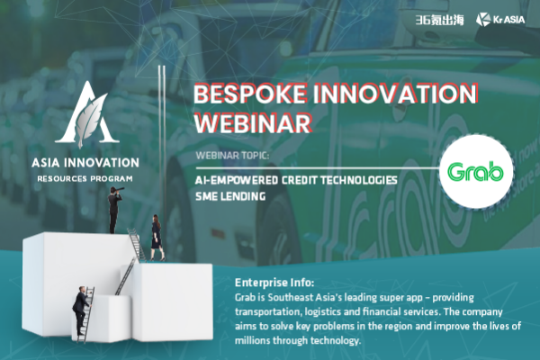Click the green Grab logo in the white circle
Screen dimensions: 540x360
pyautogui.click(x=475, y=171)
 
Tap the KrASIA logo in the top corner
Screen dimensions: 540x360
pyautogui.click(x=500, y=19)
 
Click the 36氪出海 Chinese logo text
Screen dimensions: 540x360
pyautogui.click(x=439, y=20)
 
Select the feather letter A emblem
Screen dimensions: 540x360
pyautogui.click(x=87, y=113)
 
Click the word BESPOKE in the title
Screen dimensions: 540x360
pyautogui.click(x=250, y=94)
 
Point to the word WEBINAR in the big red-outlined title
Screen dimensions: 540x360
pyautogui.click(x=253, y=123)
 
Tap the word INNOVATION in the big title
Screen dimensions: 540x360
pyautogui.click(x=395, y=94)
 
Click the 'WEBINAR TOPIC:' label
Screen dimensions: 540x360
pyautogui.click(x=232, y=156)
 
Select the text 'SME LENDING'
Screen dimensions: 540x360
pyautogui.click(x=230, y=196)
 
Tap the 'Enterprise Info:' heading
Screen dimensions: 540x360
pyautogui.click(x=274, y=283)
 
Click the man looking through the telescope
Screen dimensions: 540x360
pyautogui.click(x=115, y=209)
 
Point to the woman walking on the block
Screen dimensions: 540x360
pyautogui.click(x=157, y=238)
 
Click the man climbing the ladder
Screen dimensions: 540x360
pyautogui.click(x=81, y=310)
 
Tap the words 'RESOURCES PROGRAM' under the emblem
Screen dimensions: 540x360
pyautogui.click(x=85, y=179)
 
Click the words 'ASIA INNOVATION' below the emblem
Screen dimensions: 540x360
pyautogui.click(x=85, y=163)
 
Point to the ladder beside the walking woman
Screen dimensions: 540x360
pyautogui.click(x=138, y=244)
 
